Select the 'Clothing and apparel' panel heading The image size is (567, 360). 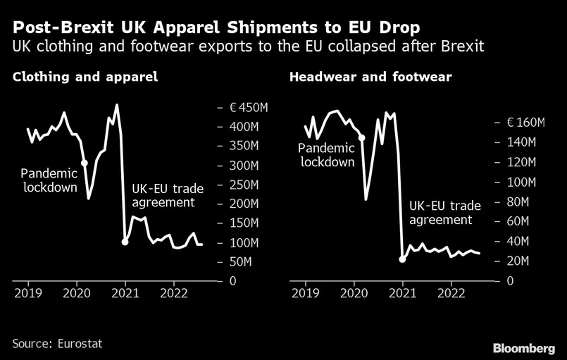coord(85,77)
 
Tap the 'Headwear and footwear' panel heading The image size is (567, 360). coord(370,77)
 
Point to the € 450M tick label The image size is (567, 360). coord(249,108)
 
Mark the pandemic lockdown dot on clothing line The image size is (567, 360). coord(85,163)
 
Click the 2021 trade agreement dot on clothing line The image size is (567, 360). coord(125,242)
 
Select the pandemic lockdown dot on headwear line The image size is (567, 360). coord(362,138)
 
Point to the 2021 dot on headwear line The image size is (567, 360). coord(402,259)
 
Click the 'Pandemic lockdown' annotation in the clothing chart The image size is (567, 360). coord(49,180)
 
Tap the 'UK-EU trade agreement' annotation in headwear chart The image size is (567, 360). coord(444,213)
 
